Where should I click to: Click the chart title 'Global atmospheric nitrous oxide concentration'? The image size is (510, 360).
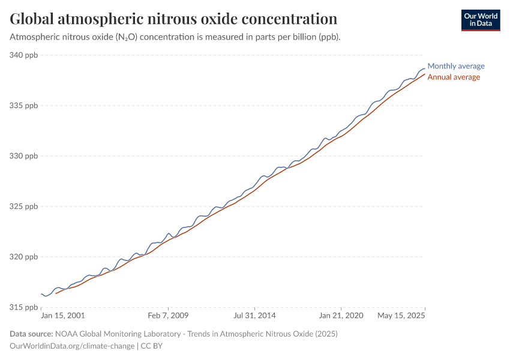tap(173, 19)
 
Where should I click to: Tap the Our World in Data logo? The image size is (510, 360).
tap(481, 20)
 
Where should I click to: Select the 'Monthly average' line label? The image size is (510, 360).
tap(455, 66)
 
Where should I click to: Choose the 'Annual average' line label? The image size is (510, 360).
tap(453, 77)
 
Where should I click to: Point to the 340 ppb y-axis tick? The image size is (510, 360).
tap(24, 55)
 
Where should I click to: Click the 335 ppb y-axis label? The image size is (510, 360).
tap(24, 106)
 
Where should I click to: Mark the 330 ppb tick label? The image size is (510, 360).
tap(24, 156)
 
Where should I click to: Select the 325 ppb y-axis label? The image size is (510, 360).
tap(24, 206)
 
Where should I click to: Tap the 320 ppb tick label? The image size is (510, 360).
tap(24, 257)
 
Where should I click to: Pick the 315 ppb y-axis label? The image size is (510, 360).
tap(24, 307)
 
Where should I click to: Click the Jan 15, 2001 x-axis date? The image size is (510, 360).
tap(62, 315)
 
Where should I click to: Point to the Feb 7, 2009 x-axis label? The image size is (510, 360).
tap(169, 315)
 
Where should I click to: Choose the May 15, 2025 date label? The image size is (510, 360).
tap(401, 315)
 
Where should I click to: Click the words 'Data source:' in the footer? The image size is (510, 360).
tap(31, 334)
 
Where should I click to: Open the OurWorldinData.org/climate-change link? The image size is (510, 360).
tap(73, 346)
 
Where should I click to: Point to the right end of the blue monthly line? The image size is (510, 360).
tap(424, 68)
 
